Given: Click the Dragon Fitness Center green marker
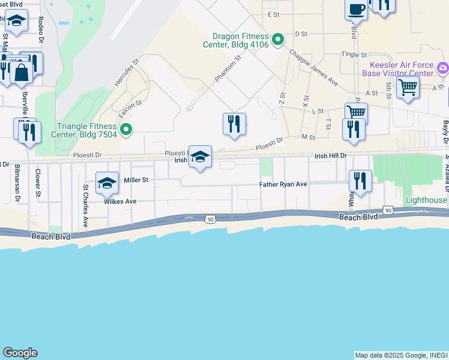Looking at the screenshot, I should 277,40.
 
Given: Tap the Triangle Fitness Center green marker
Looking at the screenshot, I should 126,129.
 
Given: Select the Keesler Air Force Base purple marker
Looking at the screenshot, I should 443,67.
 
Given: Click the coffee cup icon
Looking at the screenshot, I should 357,9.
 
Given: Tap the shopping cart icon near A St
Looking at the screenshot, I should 408,87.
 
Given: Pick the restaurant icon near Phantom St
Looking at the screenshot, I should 234,124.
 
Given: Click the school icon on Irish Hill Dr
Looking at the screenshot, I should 200,157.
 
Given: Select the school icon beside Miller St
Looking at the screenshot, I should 107,182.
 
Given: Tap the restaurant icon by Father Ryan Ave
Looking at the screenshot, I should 360,181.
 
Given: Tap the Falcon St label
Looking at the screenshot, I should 129,103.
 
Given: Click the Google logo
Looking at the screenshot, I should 20,353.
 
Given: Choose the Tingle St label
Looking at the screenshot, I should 354,55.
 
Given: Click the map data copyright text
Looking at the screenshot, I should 400,355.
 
